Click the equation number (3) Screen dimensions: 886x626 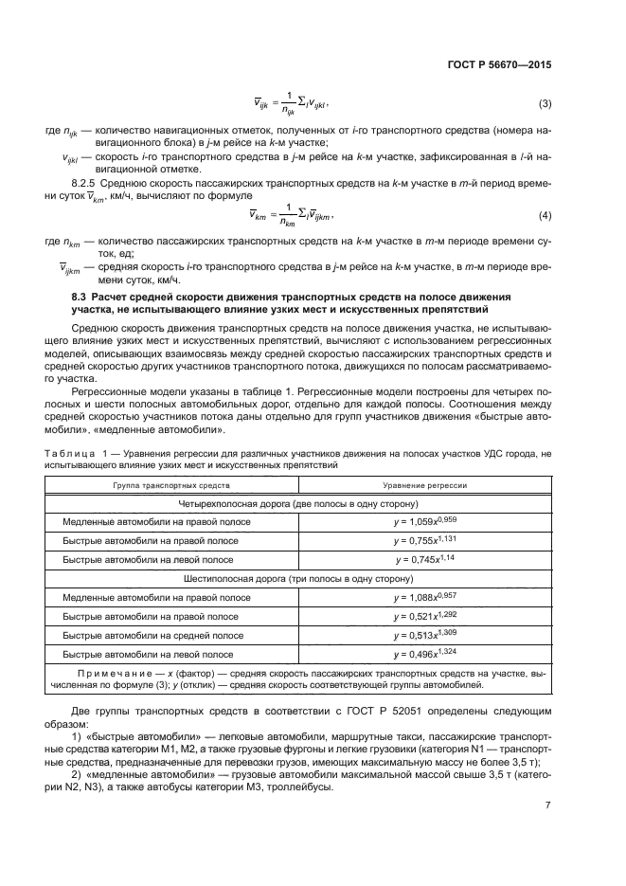(x=545, y=103)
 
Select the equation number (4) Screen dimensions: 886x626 (x=545, y=216)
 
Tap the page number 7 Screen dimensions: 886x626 (x=548, y=806)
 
